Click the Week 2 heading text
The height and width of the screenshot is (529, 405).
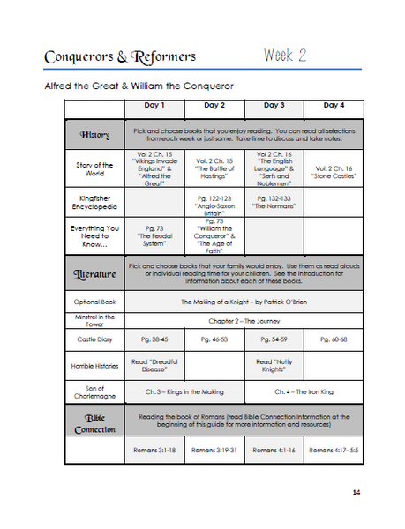pos(284,56)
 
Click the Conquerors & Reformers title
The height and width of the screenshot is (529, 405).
pos(120,58)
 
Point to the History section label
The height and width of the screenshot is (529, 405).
pos(94,135)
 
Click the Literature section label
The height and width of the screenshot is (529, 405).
pos(94,274)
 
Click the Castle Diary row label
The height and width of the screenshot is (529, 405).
pos(94,338)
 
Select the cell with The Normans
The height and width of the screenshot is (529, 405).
pos(268,200)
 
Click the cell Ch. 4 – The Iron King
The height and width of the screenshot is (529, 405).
pos(296,391)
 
